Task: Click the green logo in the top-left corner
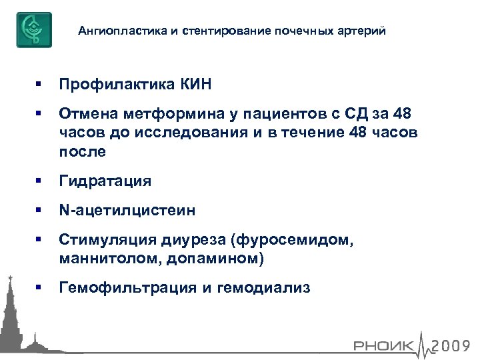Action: tap(34, 29)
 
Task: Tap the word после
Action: tap(83, 151)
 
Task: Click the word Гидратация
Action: tap(105, 181)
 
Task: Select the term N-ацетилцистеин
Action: tap(127, 211)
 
